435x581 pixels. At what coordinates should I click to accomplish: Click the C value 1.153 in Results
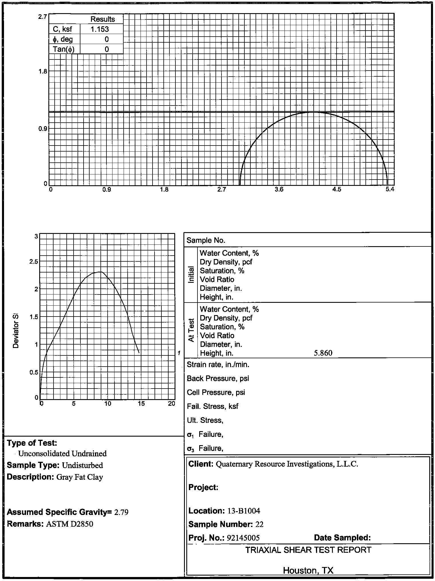click(100, 29)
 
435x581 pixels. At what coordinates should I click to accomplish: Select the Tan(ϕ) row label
click(64, 49)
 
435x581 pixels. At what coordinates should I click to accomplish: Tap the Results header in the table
click(102, 19)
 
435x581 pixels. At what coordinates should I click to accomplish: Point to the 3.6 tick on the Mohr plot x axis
click(279, 190)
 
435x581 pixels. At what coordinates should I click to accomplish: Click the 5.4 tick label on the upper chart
click(390, 190)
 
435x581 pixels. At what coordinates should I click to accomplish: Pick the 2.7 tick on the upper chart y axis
click(43, 17)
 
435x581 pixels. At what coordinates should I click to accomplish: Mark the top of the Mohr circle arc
click(314, 112)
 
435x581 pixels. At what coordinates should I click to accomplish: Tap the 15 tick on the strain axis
click(141, 403)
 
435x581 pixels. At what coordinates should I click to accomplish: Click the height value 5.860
click(323, 353)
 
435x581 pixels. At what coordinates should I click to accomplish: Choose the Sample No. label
click(206, 240)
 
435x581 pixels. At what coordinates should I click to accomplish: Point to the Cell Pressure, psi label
click(216, 392)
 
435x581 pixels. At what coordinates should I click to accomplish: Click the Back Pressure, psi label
click(218, 379)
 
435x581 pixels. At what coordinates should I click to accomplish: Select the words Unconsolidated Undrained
click(62, 453)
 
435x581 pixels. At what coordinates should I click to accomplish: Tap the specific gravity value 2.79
click(121, 512)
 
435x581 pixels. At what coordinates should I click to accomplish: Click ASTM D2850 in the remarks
click(70, 524)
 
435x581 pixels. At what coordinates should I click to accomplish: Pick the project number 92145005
click(243, 538)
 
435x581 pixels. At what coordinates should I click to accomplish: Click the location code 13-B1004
click(244, 511)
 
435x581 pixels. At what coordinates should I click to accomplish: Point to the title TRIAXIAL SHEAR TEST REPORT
click(308, 550)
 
